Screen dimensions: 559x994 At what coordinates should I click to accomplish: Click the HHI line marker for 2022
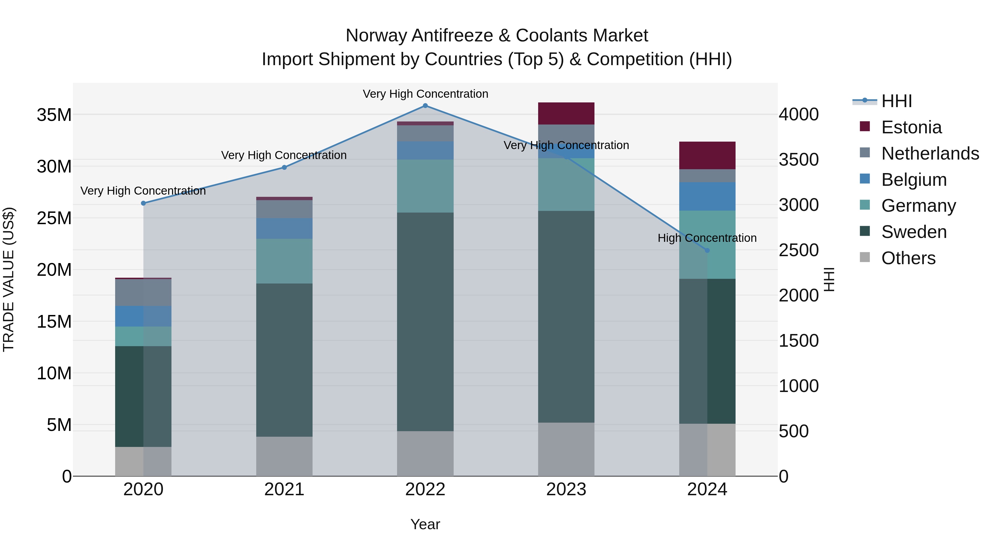click(425, 106)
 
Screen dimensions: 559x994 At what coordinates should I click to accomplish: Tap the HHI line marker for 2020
click(143, 203)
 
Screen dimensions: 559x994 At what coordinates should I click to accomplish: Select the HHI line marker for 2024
click(707, 250)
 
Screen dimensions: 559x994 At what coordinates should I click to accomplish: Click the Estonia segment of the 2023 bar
click(566, 113)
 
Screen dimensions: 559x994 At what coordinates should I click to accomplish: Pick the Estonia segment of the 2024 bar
click(707, 155)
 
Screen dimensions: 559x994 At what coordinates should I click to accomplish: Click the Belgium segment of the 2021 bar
click(284, 228)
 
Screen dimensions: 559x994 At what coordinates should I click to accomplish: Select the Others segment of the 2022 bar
click(425, 453)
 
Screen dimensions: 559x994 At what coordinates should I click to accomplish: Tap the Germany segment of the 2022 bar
click(425, 186)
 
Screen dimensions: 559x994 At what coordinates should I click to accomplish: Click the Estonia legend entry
click(911, 127)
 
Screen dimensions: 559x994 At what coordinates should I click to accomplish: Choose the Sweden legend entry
click(914, 232)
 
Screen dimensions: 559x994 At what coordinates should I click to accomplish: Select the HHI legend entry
click(896, 101)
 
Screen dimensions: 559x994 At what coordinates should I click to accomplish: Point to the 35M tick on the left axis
click(54, 115)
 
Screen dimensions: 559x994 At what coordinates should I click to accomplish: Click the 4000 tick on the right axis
click(798, 115)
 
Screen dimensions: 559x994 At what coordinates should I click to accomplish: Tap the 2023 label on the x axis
click(566, 489)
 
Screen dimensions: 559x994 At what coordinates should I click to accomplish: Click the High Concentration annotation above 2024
click(707, 238)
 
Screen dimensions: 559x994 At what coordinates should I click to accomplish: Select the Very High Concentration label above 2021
click(284, 155)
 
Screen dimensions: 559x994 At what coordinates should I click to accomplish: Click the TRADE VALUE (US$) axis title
click(9, 279)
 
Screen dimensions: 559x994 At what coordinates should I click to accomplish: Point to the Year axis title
click(425, 524)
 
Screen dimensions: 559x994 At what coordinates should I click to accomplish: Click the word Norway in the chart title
click(376, 36)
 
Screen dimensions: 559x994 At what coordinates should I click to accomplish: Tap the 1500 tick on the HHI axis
click(798, 341)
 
